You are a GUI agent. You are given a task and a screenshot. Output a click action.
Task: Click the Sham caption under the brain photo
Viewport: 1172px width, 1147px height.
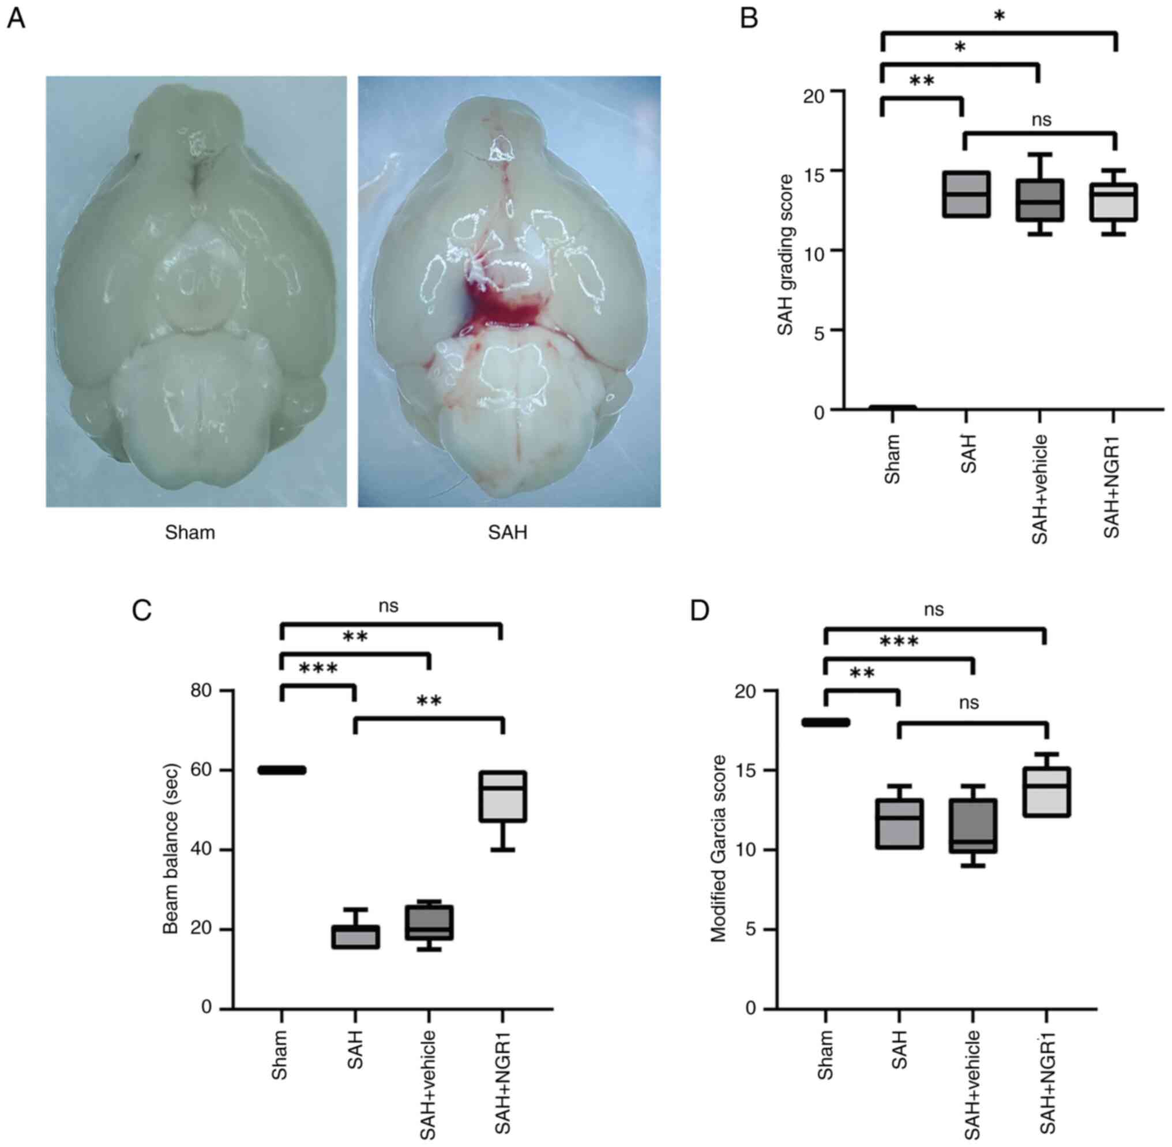click(x=190, y=532)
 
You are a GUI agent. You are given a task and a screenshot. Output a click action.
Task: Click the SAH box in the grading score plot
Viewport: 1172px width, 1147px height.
click(x=966, y=194)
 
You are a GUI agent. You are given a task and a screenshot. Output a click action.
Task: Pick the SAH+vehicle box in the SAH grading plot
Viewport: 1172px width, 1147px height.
click(x=1040, y=201)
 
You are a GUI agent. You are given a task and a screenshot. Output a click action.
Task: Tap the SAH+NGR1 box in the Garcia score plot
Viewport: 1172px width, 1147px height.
click(x=1047, y=792)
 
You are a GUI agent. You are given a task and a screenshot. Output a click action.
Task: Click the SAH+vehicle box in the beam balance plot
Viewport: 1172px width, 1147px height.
click(x=429, y=922)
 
